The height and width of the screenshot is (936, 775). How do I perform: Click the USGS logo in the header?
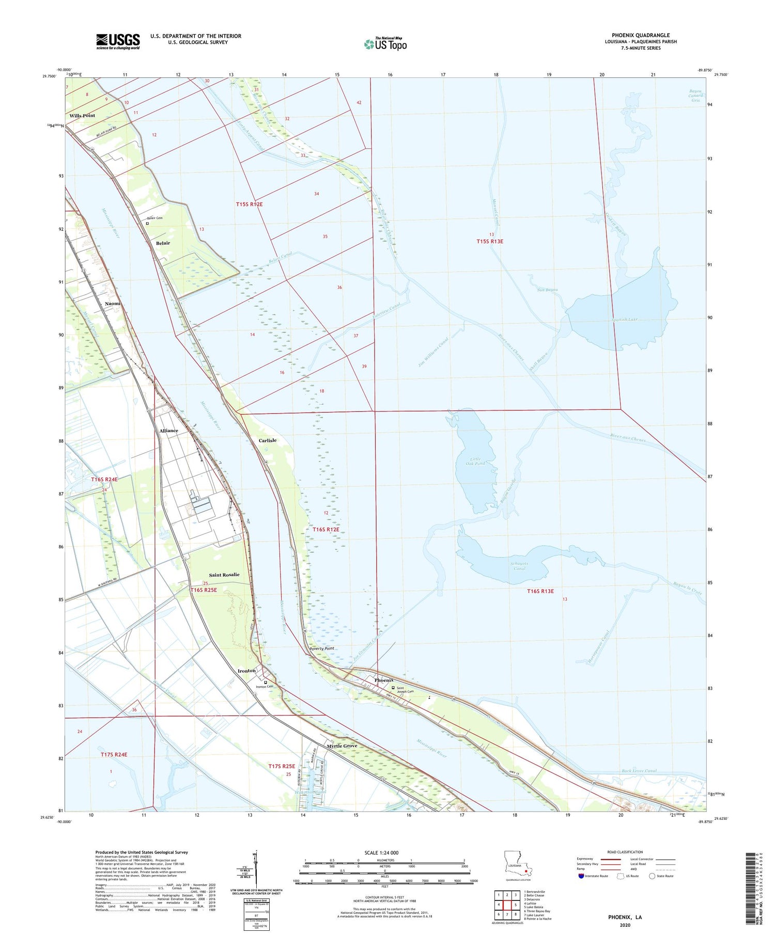coord(118,41)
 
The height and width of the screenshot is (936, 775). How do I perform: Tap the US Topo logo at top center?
coord(385,44)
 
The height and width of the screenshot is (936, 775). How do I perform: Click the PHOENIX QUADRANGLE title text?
coord(641,35)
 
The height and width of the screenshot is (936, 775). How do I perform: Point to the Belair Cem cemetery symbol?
coord(147,224)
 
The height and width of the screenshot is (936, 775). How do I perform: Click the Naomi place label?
coord(113,304)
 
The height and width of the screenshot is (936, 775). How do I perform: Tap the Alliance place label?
coord(168,431)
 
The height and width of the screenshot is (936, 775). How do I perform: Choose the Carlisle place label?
coord(268,440)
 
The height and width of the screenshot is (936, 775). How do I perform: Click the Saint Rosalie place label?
coord(224,575)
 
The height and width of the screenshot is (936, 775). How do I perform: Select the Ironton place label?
coord(246,671)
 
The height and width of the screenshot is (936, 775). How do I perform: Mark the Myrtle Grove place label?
coord(342,746)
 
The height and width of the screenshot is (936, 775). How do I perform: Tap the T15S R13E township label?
coord(489,241)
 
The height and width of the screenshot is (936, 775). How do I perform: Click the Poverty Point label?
coord(321,648)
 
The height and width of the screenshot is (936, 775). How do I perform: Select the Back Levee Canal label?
coord(639,771)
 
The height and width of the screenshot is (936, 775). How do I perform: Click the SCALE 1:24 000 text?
coord(384,852)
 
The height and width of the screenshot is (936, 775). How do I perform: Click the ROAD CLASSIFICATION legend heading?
coord(625,852)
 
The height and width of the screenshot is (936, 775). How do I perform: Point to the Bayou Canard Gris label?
coord(695,96)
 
